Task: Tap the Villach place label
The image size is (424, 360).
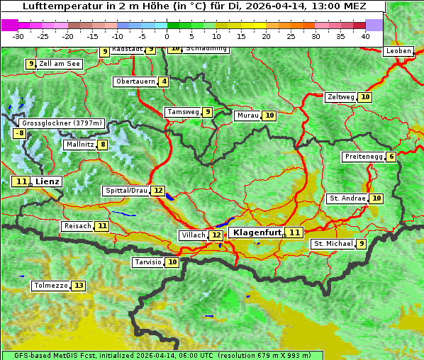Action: pos(194,235)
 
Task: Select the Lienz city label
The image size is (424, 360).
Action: pos(48,181)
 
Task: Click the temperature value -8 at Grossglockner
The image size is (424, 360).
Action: pos(20,133)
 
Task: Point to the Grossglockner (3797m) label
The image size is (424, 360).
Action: pos(62,123)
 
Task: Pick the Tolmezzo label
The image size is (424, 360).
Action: pos(50,286)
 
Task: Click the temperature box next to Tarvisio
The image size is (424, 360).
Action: pos(172,262)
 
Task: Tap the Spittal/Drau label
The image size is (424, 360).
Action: pos(126,191)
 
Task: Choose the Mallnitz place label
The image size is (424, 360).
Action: pos(79,145)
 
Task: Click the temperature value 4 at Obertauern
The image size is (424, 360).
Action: pos(164,81)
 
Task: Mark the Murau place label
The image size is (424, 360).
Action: pos(247,116)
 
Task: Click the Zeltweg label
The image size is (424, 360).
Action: pos(340,97)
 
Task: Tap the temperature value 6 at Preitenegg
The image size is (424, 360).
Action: pos(391,157)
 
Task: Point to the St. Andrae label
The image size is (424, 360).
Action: pos(347,198)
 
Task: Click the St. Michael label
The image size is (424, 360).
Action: pos(333,244)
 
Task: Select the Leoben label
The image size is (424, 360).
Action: pos(398,51)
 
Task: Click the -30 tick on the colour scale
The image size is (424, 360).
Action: pos(18,36)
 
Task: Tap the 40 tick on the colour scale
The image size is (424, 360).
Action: pos(365,36)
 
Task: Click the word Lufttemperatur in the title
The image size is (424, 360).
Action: pos(55,6)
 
